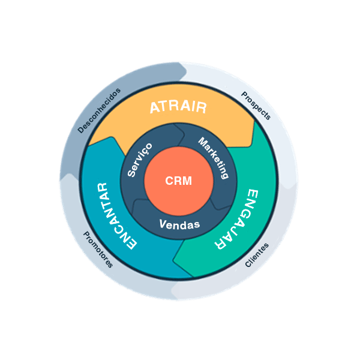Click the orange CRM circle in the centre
point(178,180)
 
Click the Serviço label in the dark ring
point(140,160)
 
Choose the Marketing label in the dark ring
point(214,159)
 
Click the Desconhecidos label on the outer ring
point(100,110)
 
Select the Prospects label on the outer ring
point(256,106)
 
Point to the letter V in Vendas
point(163,225)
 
